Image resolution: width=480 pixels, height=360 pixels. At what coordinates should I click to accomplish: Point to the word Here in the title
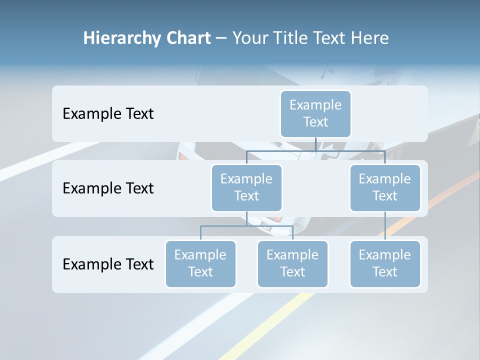click(370, 38)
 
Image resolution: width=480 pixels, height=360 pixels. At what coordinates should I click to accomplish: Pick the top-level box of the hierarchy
click(315, 113)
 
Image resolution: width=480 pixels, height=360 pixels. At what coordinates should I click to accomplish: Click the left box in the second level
click(246, 187)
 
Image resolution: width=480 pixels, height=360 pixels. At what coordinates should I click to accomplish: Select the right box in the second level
click(385, 187)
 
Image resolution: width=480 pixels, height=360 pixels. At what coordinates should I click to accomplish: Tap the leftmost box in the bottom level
click(200, 263)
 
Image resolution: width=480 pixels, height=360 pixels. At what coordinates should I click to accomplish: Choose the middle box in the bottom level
click(292, 263)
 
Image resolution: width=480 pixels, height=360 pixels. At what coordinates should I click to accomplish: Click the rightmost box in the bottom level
click(385, 263)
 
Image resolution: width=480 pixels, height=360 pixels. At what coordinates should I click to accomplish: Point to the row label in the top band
click(108, 114)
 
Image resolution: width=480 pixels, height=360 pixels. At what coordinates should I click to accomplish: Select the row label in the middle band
click(108, 188)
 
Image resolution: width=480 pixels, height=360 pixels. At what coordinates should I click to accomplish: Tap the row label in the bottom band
click(108, 264)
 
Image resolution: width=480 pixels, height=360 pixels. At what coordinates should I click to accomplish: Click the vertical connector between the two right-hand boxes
click(385, 226)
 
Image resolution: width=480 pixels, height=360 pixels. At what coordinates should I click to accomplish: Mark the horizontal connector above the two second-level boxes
click(315, 150)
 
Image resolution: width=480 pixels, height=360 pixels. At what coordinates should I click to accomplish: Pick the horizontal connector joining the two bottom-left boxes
click(246, 226)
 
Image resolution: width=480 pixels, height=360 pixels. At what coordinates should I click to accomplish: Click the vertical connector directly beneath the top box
click(315, 144)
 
